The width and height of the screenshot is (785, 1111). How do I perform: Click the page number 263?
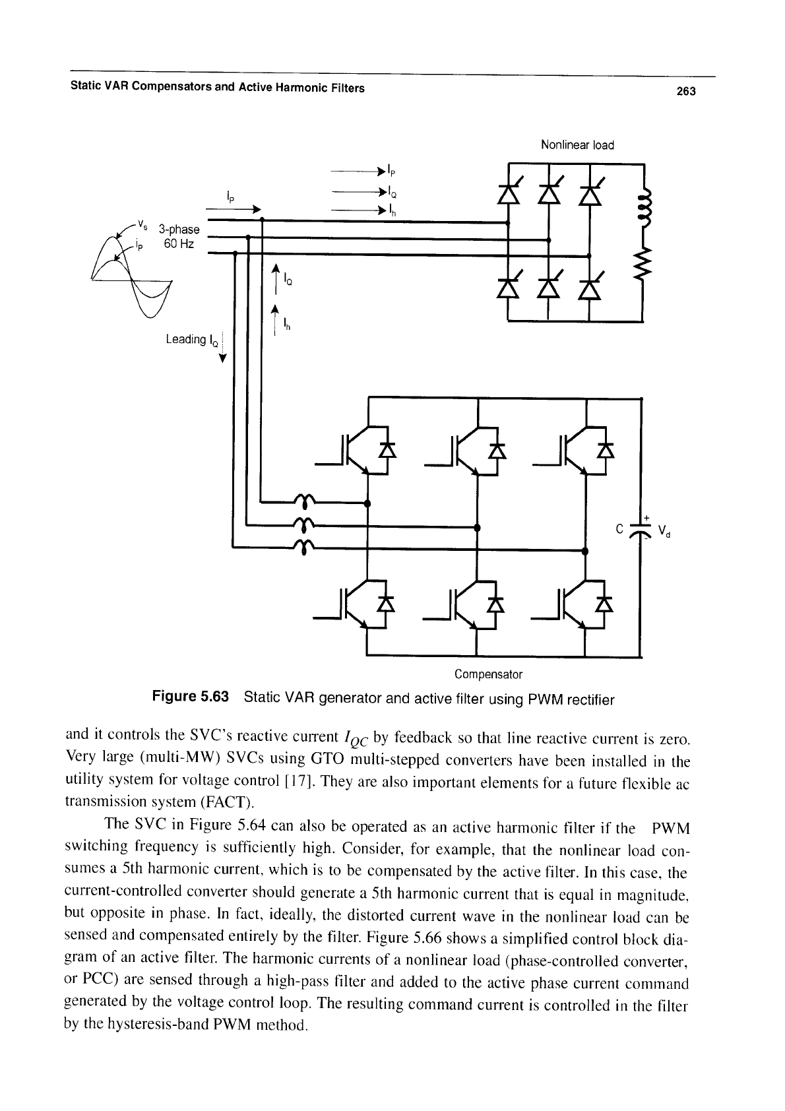(686, 91)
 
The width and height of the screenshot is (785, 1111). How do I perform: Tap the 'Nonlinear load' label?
(577, 145)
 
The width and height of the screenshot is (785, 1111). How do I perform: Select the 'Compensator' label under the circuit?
(488, 674)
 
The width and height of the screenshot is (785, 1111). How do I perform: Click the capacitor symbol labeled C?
(641, 530)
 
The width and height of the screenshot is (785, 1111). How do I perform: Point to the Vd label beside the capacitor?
(664, 531)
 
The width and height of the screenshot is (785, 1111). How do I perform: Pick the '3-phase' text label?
(179, 229)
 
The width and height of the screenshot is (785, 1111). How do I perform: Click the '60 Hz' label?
(179, 243)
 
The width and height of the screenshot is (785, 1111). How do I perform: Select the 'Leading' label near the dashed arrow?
(186, 339)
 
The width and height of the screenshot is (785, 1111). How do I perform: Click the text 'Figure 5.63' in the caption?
(191, 697)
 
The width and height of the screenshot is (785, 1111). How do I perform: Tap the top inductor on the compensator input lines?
(304, 501)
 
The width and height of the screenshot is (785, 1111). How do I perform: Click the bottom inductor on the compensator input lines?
(304, 546)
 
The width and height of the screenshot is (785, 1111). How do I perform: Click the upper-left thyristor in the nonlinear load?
(509, 191)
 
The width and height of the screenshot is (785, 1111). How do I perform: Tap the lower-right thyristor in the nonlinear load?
(590, 287)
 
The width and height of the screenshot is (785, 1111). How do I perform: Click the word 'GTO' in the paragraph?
(327, 759)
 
